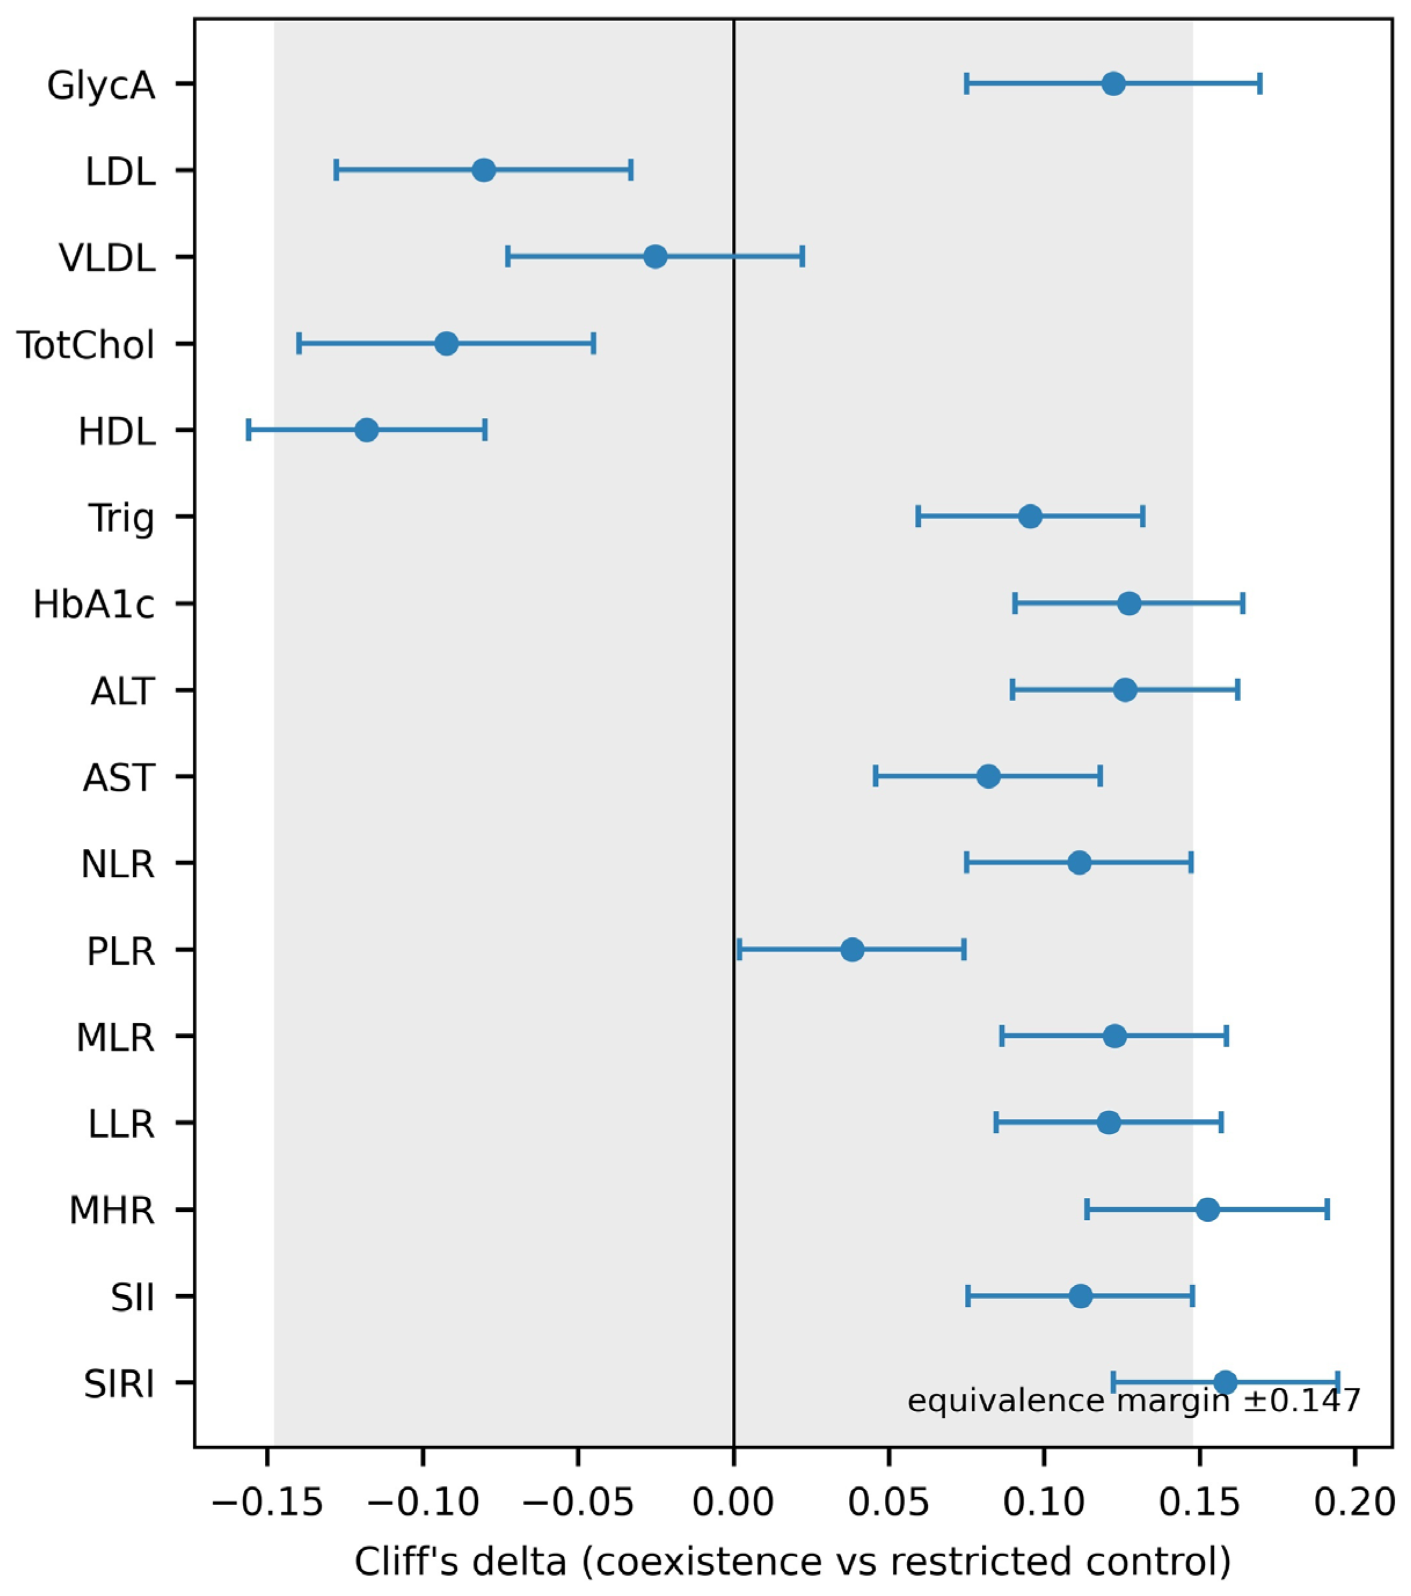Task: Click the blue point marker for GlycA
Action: tap(1114, 83)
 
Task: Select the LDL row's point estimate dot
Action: tap(484, 170)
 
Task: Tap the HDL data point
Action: tap(366, 430)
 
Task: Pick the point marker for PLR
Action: tap(853, 950)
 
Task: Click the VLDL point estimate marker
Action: tap(656, 257)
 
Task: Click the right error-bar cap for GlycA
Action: tap(1260, 83)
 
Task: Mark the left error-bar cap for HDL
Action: tap(249, 430)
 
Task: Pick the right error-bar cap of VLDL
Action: tap(803, 257)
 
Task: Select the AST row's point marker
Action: tap(989, 777)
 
